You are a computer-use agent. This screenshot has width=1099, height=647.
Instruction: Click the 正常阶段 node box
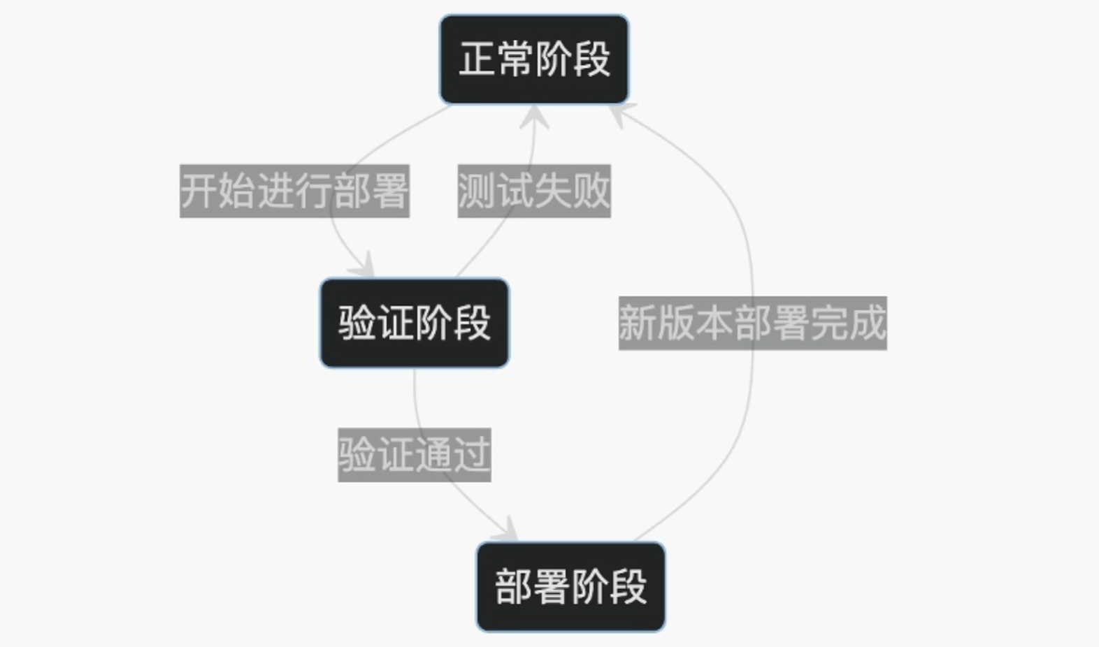coord(534,59)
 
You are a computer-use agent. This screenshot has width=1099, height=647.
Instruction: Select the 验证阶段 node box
coord(415,323)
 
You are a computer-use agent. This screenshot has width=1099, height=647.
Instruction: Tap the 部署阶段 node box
coord(570,586)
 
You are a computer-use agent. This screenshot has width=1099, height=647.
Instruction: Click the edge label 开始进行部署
coord(294,191)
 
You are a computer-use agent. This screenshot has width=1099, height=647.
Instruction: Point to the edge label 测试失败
coord(534,191)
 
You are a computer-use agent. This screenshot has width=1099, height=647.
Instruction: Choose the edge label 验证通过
coord(415,455)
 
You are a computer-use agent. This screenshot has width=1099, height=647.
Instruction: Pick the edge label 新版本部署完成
coord(752,323)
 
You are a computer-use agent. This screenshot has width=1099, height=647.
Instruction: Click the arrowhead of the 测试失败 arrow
coord(535,116)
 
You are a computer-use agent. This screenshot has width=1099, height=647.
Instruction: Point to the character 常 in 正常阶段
coord(515,59)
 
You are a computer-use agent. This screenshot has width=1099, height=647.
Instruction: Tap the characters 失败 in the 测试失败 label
coord(572,191)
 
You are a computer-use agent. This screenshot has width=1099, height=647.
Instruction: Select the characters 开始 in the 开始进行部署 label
coord(218,191)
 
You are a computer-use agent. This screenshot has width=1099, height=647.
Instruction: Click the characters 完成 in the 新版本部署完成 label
coord(848,323)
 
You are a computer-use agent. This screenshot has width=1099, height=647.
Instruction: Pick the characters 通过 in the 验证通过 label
coord(452,455)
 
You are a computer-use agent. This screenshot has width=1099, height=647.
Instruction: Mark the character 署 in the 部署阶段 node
coord(552,586)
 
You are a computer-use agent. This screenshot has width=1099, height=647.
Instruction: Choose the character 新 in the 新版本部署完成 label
coord(638,323)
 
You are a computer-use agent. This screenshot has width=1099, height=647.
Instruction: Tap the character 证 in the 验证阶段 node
coord(396,323)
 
